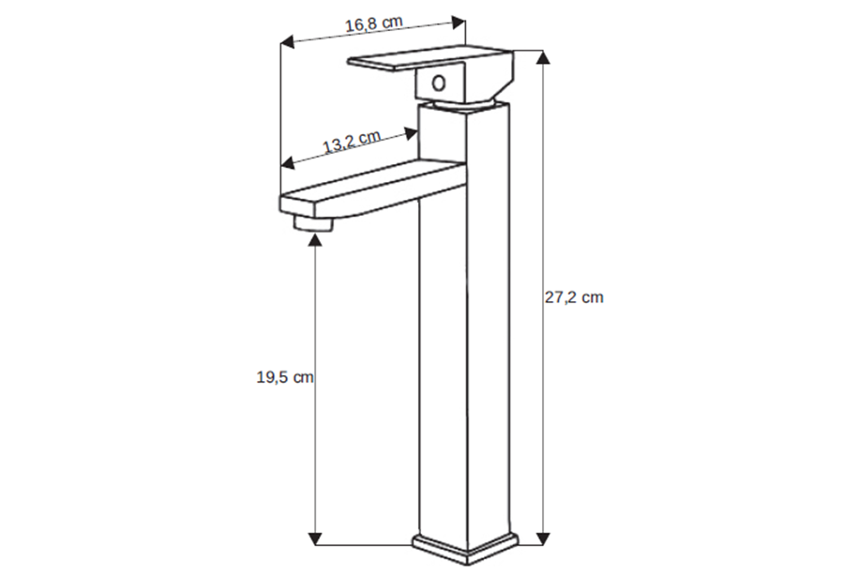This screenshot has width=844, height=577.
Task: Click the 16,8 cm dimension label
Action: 373,24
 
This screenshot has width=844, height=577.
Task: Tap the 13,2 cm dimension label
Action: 352,142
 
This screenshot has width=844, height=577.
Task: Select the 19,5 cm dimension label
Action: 285,377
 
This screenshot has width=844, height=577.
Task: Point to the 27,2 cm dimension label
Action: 574,297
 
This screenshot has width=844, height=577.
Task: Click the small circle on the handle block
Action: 439,84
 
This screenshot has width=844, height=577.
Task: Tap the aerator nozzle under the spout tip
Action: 313,223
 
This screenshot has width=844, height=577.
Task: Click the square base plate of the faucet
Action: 465,549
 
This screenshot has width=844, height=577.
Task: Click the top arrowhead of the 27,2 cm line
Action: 544,57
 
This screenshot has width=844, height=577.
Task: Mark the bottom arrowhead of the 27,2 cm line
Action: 544,539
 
